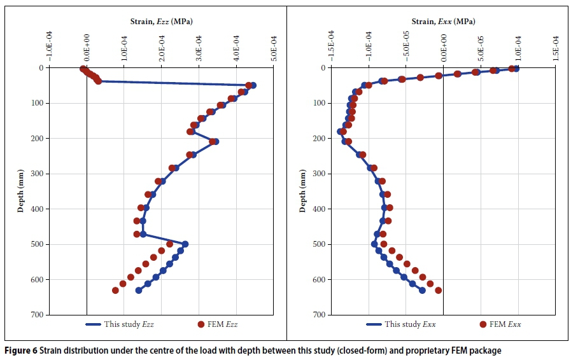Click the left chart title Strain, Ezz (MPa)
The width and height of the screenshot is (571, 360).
click(157, 22)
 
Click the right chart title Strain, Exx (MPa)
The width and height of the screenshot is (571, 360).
click(443, 22)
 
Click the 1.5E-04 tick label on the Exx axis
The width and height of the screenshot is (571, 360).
click(555, 46)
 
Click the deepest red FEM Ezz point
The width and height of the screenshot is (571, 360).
click(115, 291)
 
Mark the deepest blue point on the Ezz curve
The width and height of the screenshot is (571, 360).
click(138, 291)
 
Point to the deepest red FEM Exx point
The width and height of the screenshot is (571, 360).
click(438, 291)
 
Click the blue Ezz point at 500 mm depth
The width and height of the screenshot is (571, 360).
click(185, 244)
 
